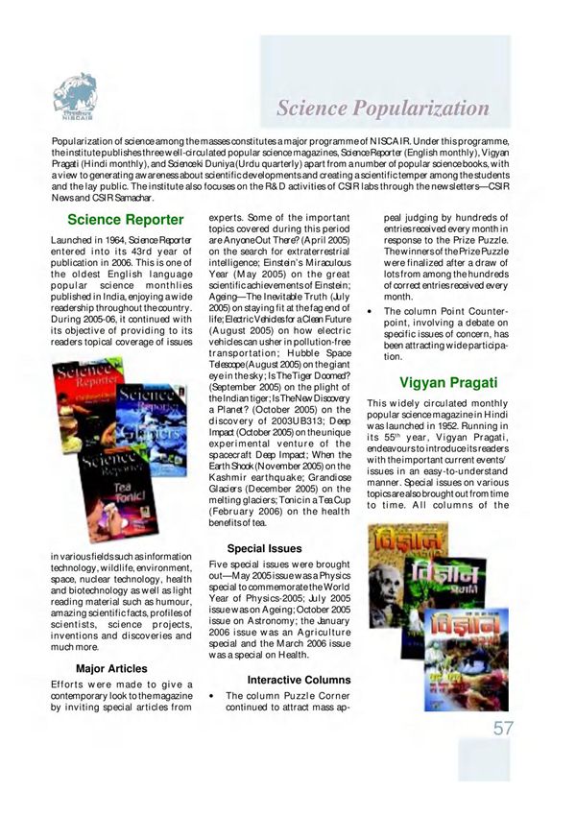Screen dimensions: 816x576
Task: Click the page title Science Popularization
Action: pos(383,107)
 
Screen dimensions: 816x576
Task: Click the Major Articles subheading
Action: pos(111,667)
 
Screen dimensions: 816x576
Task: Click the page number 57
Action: pos(504,728)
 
